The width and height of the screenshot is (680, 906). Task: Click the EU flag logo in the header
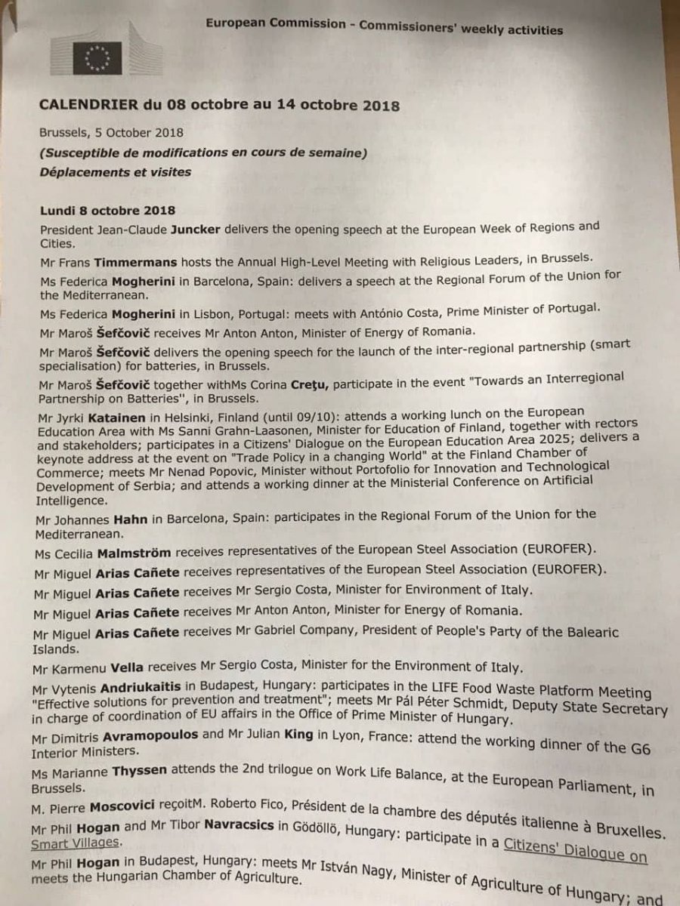(x=96, y=57)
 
